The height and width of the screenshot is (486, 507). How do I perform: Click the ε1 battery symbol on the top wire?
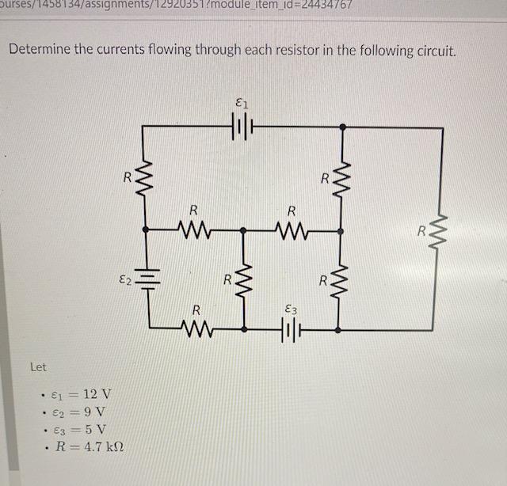(x=242, y=127)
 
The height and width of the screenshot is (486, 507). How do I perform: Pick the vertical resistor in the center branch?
(x=243, y=279)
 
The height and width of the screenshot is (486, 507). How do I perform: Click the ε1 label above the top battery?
(x=242, y=101)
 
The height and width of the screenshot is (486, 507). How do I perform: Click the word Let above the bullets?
(x=38, y=367)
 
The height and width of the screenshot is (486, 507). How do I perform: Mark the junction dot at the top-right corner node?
(x=341, y=127)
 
